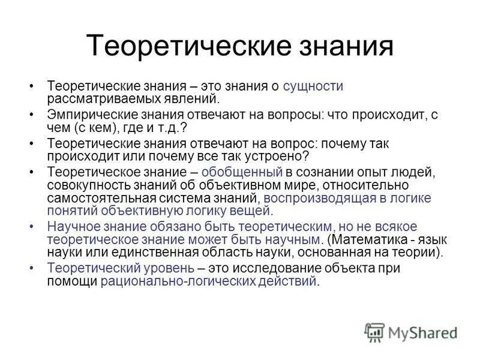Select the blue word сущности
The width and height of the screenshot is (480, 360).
[313, 86]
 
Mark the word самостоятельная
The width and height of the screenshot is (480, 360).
[94, 197]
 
